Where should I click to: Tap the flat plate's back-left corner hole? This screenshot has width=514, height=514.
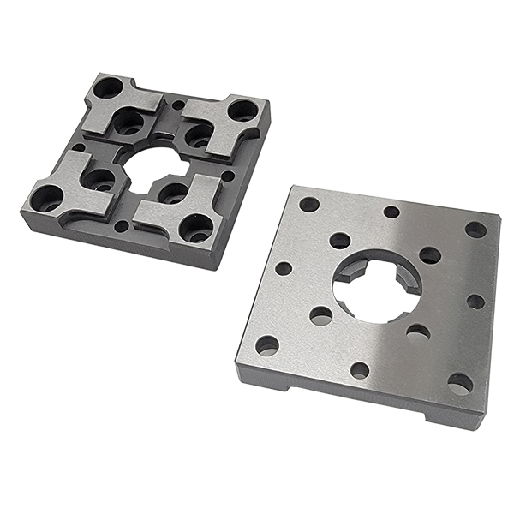click(x=309, y=205)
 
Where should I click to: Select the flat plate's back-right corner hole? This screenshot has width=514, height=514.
click(x=475, y=230)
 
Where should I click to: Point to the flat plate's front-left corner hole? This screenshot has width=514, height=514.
click(x=267, y=345)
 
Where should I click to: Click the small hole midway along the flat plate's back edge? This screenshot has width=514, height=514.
click(x=391, y=212)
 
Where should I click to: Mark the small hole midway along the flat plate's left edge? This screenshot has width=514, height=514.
click(x=284, y=268)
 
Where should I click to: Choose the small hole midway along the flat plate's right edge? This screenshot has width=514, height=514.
click(x=475, y=302)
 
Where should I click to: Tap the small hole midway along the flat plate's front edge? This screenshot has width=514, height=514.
click(x=360, y=370)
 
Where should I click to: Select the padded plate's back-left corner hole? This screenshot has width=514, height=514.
click(x=109, y=87)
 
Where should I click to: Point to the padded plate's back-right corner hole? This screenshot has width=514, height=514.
click(x=242, y=111)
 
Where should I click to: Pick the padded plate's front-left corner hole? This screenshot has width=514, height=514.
click(x=47, y=199)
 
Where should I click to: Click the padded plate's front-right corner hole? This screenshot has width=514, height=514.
click(x=196, y=228)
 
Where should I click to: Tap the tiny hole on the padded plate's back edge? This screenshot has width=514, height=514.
click(x=178, y=105)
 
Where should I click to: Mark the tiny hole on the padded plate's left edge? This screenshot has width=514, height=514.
click(x=79, y=147)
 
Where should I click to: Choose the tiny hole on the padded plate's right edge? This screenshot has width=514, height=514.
click(x=228, y=176)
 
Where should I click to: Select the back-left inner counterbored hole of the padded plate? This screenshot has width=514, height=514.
click(x=129, y=121)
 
